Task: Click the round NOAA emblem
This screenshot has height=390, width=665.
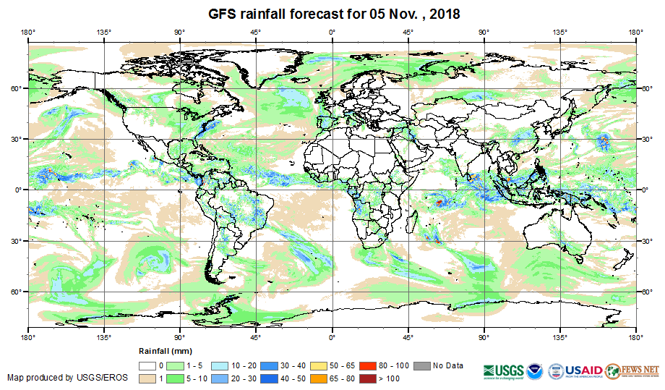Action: [536, 370]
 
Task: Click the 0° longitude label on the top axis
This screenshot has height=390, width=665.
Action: [332, 32]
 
